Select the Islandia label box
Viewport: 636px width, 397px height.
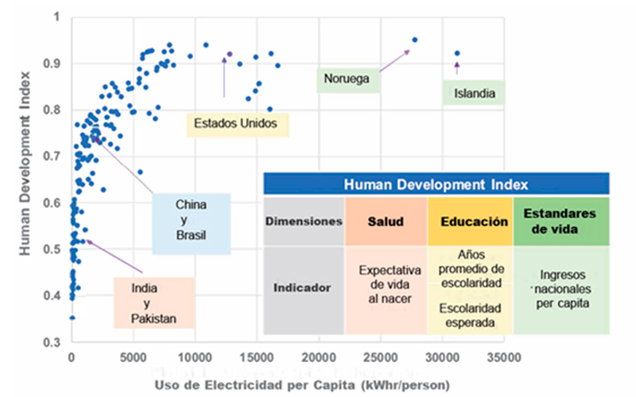coord(475,94)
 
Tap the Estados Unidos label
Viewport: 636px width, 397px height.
coord(238,124)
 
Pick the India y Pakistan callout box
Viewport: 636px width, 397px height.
coord(154,303)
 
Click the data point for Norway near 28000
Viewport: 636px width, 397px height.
coord(414,40)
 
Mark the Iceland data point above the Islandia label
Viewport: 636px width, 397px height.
coord(457,53)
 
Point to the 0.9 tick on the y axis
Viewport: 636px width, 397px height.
coord(54,63)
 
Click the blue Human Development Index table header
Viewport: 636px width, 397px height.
coord(436,184)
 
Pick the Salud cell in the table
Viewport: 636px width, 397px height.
coord(385,222)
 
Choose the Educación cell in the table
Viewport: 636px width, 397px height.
coord(471,222)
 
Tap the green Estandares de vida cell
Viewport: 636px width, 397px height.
coord(560,222)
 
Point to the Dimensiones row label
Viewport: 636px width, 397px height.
coord(303,222)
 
